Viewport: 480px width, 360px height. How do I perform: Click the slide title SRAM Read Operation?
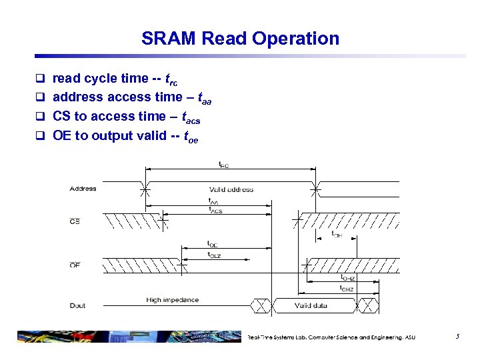240,39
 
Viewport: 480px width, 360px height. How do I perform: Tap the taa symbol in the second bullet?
205,98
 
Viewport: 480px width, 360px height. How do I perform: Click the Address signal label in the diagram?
83,189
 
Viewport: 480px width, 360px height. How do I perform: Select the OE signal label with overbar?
75,265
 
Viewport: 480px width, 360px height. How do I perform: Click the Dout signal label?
77,305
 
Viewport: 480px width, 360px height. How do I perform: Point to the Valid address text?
231,189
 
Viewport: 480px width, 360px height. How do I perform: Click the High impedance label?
172,300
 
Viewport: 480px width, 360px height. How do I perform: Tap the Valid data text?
311,306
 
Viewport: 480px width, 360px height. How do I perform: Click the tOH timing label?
337,234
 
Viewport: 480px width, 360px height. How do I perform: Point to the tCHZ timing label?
347,288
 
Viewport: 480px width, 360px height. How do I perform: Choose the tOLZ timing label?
215,255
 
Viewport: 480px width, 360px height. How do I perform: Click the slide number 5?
457,337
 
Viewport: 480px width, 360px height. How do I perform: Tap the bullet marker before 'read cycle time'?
39,79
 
